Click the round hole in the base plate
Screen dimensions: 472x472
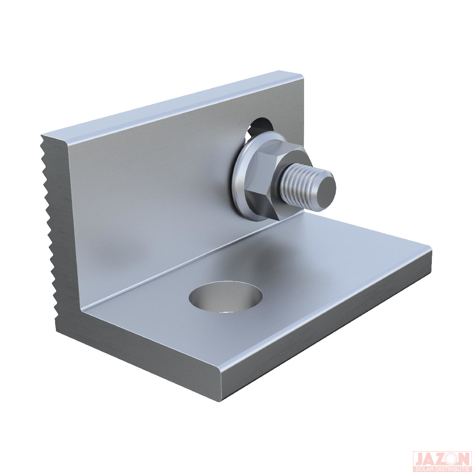tap(226, 297)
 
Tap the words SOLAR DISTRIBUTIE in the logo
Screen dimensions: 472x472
tap(442, 466)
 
